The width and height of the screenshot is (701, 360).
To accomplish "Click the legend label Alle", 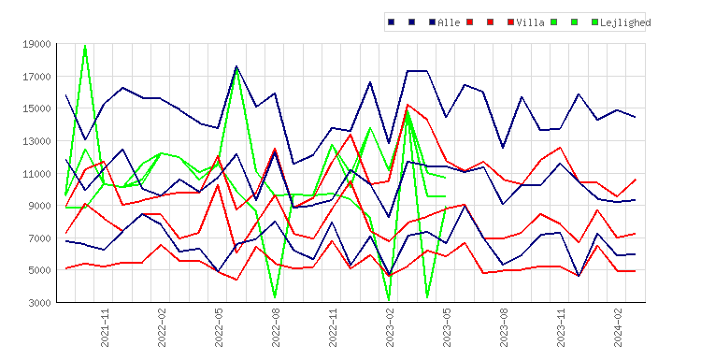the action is click(x=449, y=22).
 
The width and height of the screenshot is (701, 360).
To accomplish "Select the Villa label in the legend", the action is click(x=530, y=22).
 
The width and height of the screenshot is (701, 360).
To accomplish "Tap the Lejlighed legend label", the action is click(x=625, y=22).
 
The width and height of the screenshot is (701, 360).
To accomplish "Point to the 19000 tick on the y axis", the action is click(x=36, y=44).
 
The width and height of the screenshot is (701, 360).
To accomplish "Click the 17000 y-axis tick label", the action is click(x=36, y=77).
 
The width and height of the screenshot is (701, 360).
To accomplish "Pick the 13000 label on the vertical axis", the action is click(x=36, y=141).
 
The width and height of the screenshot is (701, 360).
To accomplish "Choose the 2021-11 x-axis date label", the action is click(x=105, y=328).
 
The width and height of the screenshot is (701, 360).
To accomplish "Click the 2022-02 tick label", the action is click(x=162, y=328).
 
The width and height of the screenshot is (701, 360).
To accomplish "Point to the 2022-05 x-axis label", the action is click(x=219, y=328).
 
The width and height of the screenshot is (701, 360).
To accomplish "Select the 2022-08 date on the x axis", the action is click(x=276, y=328).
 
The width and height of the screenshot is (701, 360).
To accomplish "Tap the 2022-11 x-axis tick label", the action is click(x=333, y=328).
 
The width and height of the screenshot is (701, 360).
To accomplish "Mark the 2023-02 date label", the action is click(x=390, y=328).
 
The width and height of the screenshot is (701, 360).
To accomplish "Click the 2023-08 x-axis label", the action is click(x=504, y=328).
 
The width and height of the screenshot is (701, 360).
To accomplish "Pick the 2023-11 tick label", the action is click(x=561, y=328).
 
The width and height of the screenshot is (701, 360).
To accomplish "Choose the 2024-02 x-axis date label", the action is click(x=618, y=328).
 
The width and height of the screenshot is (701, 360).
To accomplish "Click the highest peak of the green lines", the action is click(x=85, y=45).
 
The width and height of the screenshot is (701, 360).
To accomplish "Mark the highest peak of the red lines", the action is click(x=408, y=105).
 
